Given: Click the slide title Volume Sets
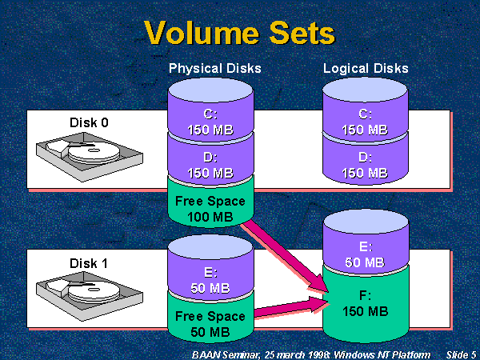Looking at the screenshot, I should (x=240, y=33).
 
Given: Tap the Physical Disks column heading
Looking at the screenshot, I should (x=214, y=69).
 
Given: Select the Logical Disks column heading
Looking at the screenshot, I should (x=366, y=69).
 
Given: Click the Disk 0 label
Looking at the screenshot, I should (x=88, y=122).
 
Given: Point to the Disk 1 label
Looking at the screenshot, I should (x=88, y=262).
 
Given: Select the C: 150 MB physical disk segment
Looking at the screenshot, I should (x=210, y=122).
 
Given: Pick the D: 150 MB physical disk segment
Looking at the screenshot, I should (x=210, y=165).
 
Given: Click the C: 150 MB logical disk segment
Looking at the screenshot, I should (x=365, y=122).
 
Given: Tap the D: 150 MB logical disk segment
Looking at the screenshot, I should (x=365, y=165).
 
